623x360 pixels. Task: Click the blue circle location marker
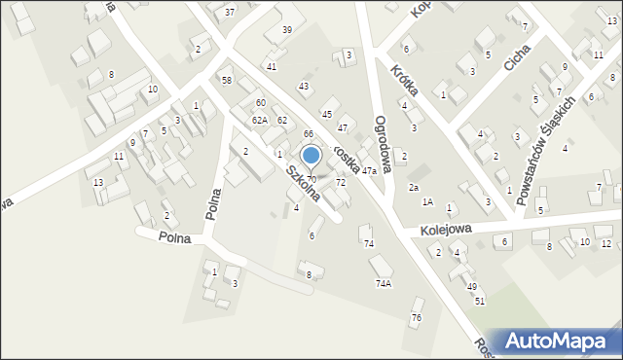point(311,154)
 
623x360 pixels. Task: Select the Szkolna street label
point(303,184)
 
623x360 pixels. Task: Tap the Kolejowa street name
point(446,230)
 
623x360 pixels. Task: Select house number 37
point(230,12)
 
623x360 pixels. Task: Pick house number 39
point(287,30)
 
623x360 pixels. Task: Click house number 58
point(227,80)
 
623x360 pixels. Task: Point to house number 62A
point(259,120)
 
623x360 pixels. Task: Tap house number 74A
point(384,284)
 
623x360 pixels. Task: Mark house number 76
point(417,318)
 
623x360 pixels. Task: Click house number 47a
point(369,171)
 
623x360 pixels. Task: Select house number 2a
point(413,187)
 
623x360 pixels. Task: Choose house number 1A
point(426,202)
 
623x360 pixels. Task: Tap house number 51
point(480,301)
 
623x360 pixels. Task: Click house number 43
point(304,87)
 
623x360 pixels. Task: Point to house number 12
point(605,243)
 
